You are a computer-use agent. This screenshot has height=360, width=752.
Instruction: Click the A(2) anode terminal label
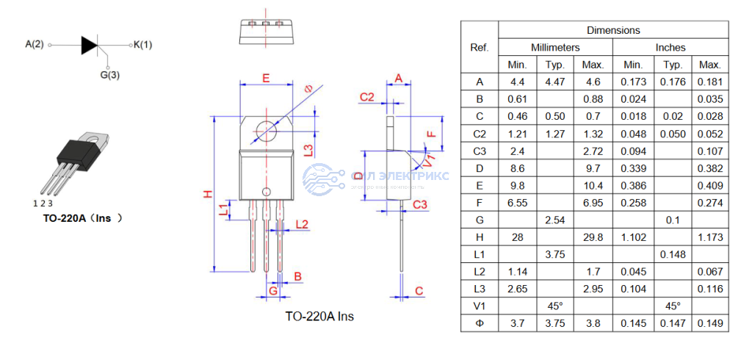tap(35, 45)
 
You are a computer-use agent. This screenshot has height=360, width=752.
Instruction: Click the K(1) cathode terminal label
tap(142, 45)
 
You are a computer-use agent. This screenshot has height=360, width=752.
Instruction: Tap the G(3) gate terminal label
tap(110, 74)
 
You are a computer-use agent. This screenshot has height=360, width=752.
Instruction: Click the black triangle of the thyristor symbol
tap(89, 45)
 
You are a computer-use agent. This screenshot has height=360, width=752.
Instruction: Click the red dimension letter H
tap(208, 194)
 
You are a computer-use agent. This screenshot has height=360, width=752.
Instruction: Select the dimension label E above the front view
tap(266, 78)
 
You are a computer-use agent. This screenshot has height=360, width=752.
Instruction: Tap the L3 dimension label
tap(309, 149)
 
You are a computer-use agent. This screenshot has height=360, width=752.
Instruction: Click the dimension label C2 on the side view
tap(367, 98)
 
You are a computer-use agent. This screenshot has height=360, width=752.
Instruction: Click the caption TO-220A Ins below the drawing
tap(319, 317)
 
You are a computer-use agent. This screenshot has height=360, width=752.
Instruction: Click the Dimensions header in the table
tap(613, 30)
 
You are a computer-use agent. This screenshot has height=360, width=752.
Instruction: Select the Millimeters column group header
tap(555, 47)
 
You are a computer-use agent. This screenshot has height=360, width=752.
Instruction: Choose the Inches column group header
tap(670, 47)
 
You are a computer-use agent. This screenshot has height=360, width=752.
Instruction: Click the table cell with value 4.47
tap(555, 82)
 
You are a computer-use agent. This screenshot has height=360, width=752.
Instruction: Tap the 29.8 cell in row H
tap(593, 237)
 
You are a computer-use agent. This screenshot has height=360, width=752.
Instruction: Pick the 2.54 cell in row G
tap(555, 220)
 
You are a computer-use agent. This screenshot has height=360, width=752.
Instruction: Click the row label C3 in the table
tap(480, 151)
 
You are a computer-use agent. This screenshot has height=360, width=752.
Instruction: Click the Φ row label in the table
tap(480, 323)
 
